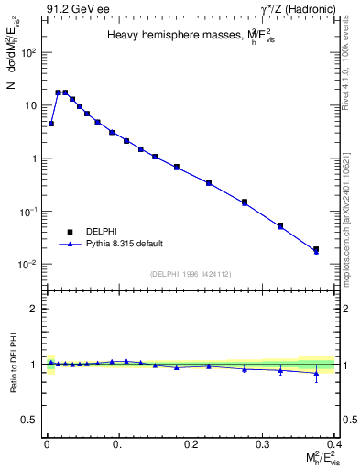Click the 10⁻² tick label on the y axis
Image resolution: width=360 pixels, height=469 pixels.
pyautogui.click(x=27, y=265)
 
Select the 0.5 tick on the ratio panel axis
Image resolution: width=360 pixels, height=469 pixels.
pyautogui.click(x=29, y=420)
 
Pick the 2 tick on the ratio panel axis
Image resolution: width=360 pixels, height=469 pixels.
pyautogui.click(x=33, y=309)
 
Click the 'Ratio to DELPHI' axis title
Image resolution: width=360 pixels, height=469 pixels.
pyautogui.click(x=12, y=364)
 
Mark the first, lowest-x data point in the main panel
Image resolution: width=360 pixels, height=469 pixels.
pyautogui.click(x=51, y=123)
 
